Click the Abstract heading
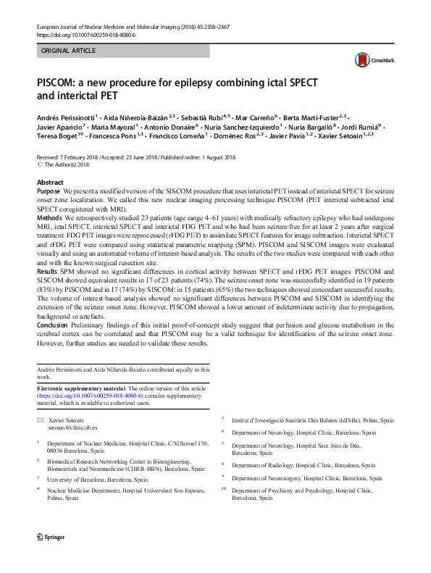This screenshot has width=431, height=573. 50,183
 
